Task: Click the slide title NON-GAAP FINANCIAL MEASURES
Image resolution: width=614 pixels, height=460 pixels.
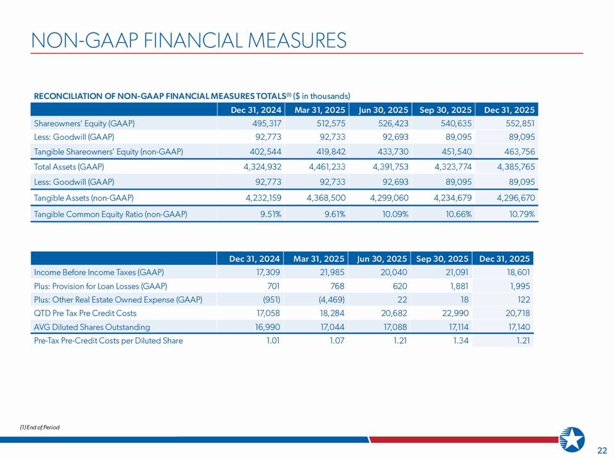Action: coord(189,40)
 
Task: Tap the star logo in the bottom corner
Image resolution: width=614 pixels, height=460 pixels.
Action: coord(572,440)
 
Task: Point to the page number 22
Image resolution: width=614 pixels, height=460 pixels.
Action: coord(602,450)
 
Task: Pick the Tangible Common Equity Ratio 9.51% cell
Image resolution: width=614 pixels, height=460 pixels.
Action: coord(268,214)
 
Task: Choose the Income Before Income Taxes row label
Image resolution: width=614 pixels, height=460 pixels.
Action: coord(90,272)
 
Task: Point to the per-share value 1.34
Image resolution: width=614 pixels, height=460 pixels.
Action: coord(461,341)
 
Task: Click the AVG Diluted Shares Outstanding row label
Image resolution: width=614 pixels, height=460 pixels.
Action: coord(92,327)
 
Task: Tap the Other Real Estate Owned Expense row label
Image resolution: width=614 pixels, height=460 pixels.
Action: coord(118,300)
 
